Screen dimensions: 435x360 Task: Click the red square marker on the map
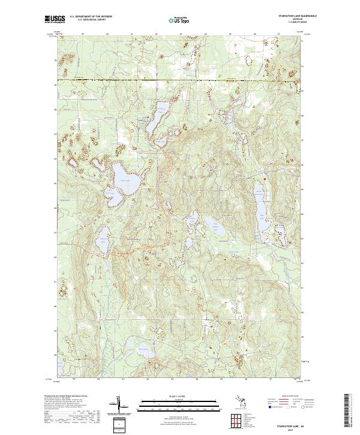[265, 178]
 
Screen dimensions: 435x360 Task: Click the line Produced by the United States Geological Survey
[66, 397]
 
